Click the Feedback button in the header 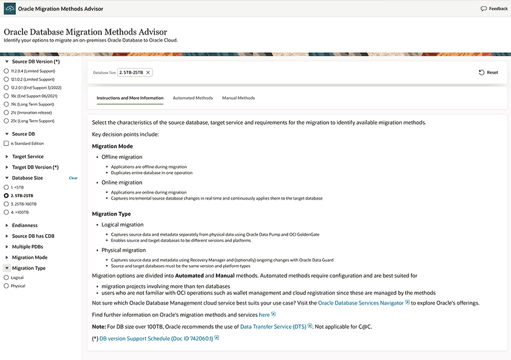(x=494, y=9)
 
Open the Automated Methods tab (x=193, y=98)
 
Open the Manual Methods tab (x=238, y=98)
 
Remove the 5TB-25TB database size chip (x=148, y=72)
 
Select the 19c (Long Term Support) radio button (x=6, y=104)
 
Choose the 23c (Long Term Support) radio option (x=6, y=121)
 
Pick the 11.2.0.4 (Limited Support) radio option (x=6, y=71)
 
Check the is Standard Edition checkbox (x=6, y=143)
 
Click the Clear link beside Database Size (x=73, y=178)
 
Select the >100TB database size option (x=6, y=212)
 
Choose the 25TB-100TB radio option (x=6, y=204)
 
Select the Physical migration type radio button (x=6, y=286)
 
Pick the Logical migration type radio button (x=6, y=278)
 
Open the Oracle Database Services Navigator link (x=361, y=302)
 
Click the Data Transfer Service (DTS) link (x=273, y=326)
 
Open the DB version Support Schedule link (x=156, y=338)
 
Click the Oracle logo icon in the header (x=9, y=9)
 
